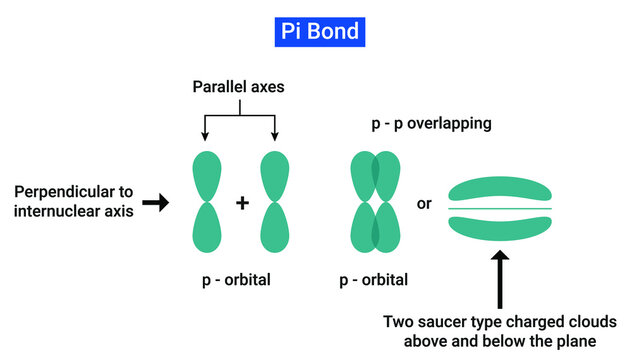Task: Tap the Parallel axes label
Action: tap(238, 87)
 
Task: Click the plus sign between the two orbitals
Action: tap(242, 203)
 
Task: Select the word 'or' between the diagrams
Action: tap(424, 203)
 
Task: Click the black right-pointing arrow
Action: tap(156, 203)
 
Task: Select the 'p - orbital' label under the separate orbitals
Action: tap(237, 280)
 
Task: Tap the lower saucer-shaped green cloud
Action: tap(500, 227)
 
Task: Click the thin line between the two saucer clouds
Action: tap(500, 209)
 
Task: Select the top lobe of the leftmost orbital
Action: tap(206, 175)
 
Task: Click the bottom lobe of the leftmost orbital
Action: tap(206, 228)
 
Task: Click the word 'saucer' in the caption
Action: tap(450, 322)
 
